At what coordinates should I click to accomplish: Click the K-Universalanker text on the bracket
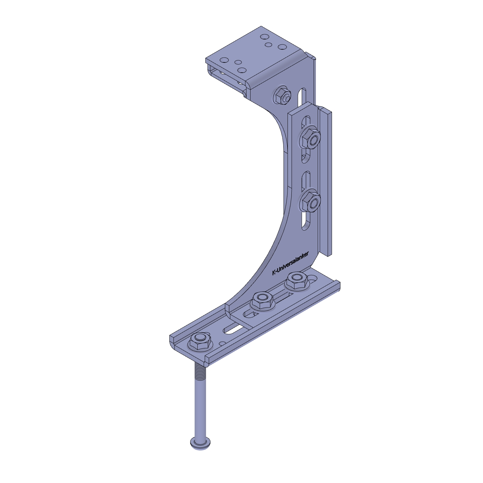point(290,263)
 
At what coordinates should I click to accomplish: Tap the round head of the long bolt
point(201,443)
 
